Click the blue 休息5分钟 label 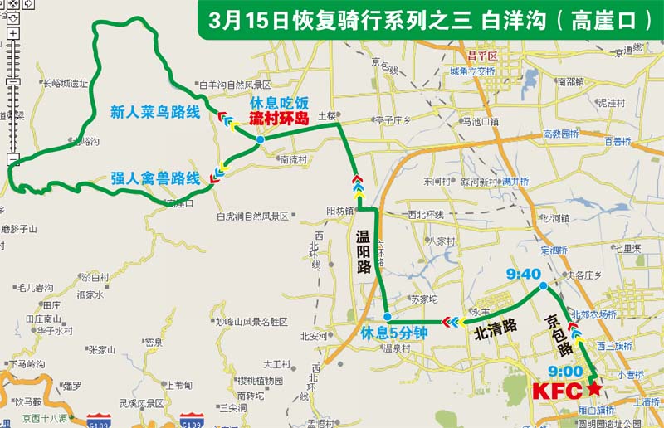pyautogui.click(x=393, y=333)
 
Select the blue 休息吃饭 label pyautogui.click(x=279, y=104)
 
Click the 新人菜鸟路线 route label pyautogui.click(x=154, y=112)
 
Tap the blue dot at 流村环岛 pyautogui.click(x=261, y=140)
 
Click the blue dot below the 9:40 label pyautogui.click(x=542, y=286)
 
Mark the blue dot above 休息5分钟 pyautogui.click(x=388, y=317)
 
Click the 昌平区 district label pyautogui.click(x=481, y=56)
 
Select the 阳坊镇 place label pyautogui.click(x=341, y=211)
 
